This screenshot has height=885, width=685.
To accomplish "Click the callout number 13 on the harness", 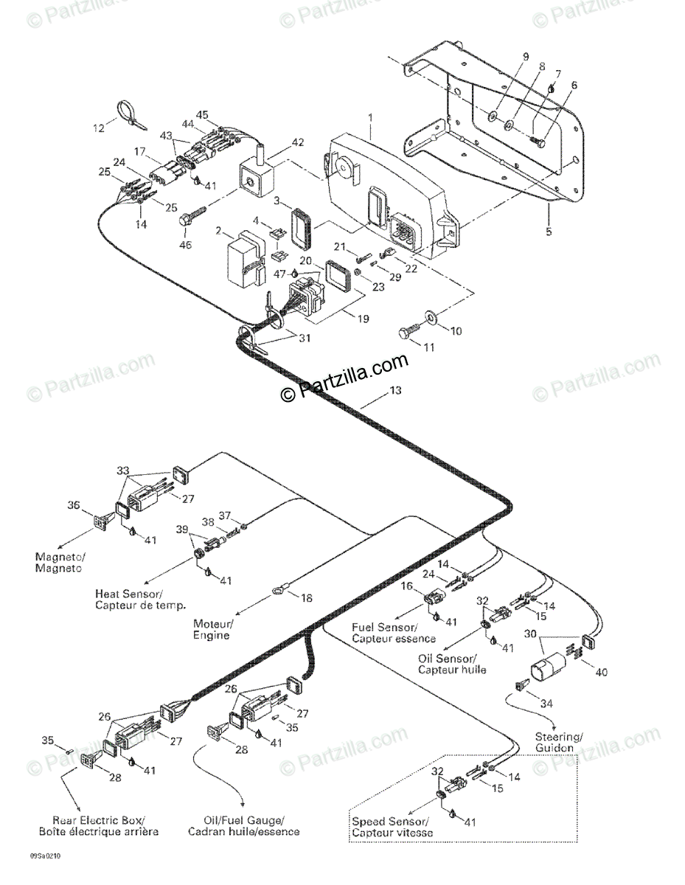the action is (x=395, y=390).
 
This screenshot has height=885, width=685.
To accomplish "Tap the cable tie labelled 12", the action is (x=131, y=117).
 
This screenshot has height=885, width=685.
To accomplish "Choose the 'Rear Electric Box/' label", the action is (x=99, y=819).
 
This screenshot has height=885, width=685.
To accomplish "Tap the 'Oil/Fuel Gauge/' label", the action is (x=244, y=819).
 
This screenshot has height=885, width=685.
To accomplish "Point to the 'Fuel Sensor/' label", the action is (x=385, y=627).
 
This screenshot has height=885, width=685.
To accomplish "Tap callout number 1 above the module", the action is (x=370, y=117).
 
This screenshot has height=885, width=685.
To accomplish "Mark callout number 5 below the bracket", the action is (x=549, y=232).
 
